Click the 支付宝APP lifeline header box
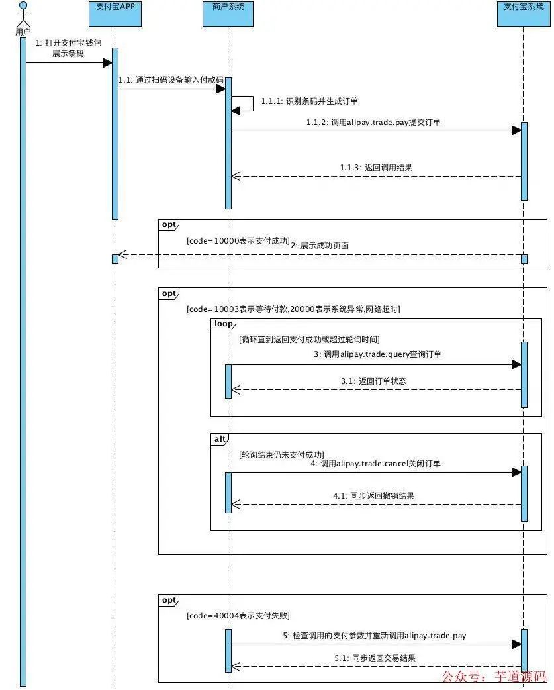(115, 13)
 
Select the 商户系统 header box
(227, 13)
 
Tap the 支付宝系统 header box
(523, 13)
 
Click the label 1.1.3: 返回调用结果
(376, 168)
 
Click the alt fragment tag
(219, 439)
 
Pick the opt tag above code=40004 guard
(169, 600)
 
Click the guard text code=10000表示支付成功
(238, 242)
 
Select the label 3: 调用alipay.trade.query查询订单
(377, 354)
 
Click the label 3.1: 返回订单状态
(373, 381)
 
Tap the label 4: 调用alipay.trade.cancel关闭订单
(375, 464)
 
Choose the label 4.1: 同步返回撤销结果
(373, 495)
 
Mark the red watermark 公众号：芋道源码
(494, 677)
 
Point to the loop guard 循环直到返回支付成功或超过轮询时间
(309, 340)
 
